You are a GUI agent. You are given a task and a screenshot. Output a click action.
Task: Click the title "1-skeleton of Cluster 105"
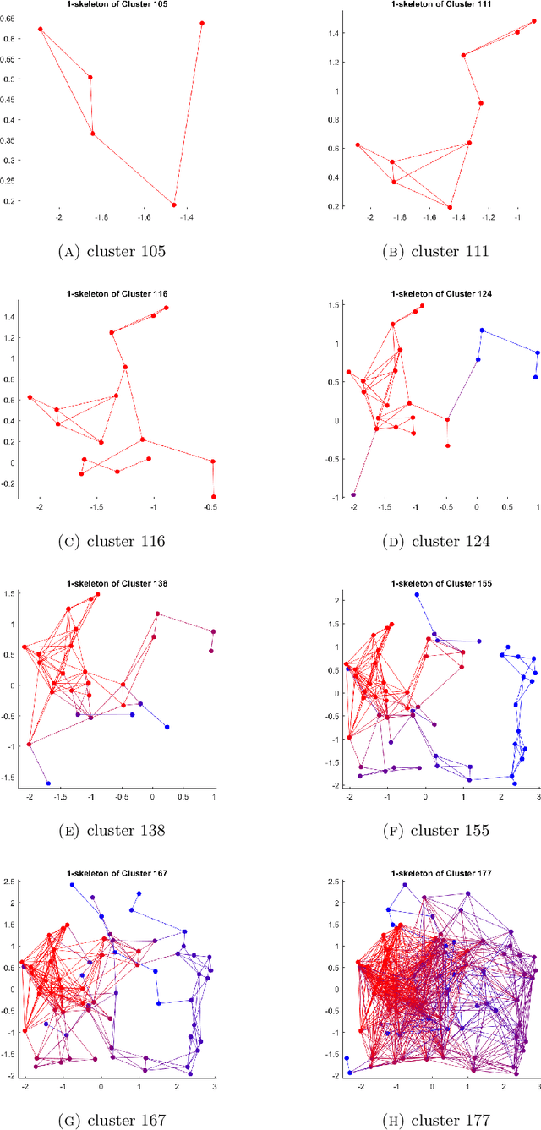tap(123, 3)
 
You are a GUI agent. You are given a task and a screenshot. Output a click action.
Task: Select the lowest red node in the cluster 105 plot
tap(174, 205)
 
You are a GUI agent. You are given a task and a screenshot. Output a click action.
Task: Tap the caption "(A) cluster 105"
tap(123, 252)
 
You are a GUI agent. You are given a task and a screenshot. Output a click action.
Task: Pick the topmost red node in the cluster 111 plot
tap(533, 22)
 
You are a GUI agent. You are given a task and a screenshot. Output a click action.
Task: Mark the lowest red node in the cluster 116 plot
tap(214, 497)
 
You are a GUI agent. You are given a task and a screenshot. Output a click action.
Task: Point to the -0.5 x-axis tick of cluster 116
tap(210, 509)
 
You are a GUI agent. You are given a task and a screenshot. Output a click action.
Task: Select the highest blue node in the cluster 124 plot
tap(482, 330)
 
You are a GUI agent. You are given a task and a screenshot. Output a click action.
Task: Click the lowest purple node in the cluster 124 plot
tap(353, 495)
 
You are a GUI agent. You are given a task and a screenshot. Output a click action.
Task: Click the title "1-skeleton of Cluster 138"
tap(123, 582)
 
